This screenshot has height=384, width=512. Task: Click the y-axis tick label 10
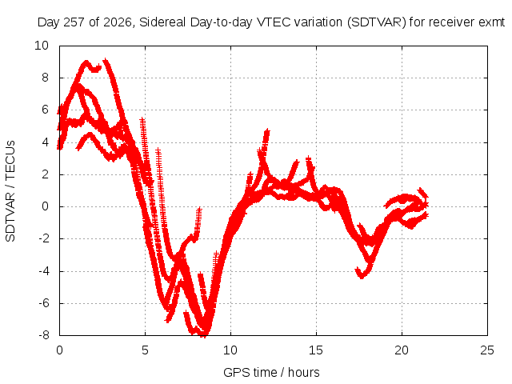[x=42, y=46]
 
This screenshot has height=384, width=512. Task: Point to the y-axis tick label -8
[x=44, y=334]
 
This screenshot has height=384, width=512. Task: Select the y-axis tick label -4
[x=44, y=271]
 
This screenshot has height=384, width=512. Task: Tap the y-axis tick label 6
[x=45, y=110]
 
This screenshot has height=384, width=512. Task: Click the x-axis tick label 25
[x=487, y=350]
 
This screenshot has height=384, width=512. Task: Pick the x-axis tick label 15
[x=316, y=350]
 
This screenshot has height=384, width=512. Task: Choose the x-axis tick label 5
[x=145, y=350]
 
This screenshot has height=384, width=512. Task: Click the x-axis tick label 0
[x=59, y=350]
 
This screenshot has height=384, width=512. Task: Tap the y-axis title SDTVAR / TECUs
[x=10, y=191]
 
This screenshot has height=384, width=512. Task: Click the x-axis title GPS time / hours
[x=271, y=372]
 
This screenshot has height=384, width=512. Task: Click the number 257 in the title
[x=74, y=22]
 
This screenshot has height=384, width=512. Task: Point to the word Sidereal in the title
[x=162, y=22]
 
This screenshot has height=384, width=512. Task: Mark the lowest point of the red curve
[x=205, y=335]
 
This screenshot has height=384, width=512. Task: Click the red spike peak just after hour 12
[x=267, y=130]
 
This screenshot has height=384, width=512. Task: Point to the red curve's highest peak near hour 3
[x=105, y=61]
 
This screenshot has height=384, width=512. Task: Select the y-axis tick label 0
[x=45, y=206]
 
